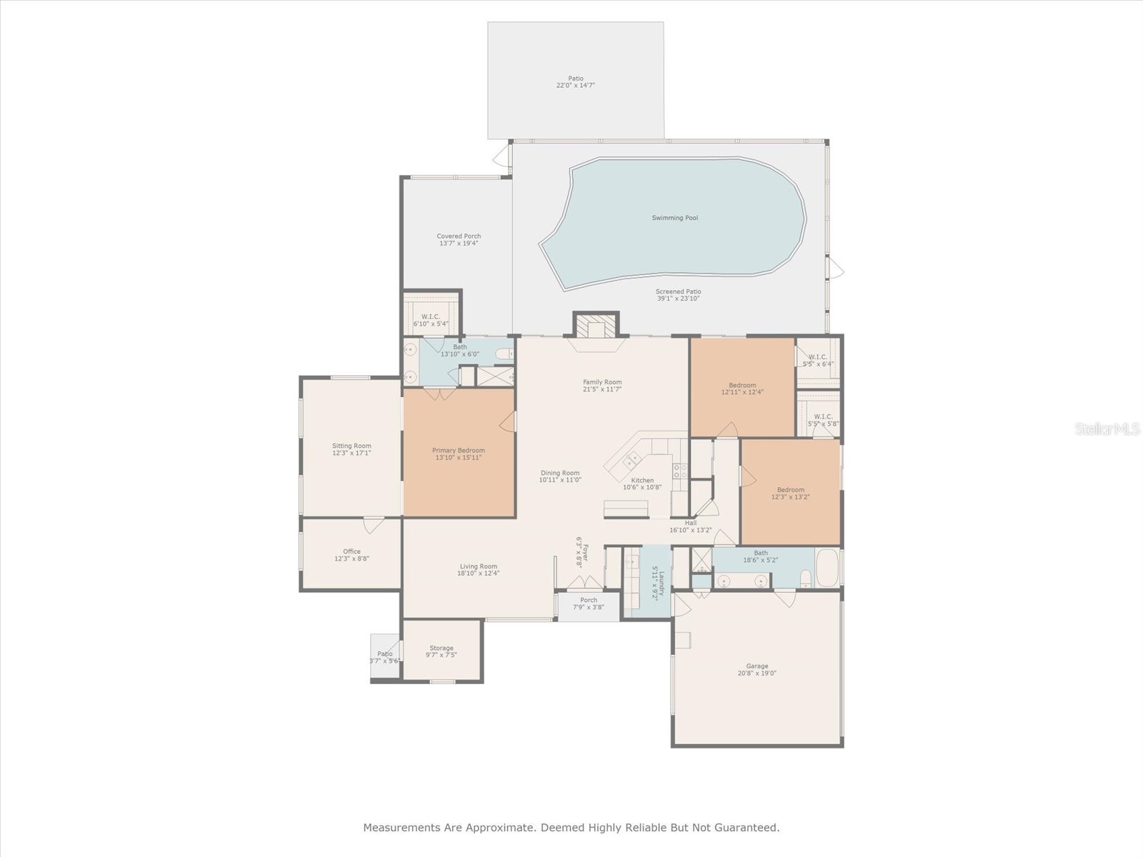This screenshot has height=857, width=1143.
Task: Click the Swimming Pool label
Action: pyautogui.click(x=674, y=218)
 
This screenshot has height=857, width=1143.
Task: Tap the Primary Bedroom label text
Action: pyautogui.click(x=458, y=451)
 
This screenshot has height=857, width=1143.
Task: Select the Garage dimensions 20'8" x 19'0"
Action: pyautogui.click(x=757, y=673)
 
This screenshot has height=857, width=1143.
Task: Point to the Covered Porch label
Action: pyautogui.click(x=459, y=236)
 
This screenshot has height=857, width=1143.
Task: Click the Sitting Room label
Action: pyautogui.click(x=351, y=446)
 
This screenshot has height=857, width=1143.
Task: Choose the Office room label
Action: pyautogui.click(x=351, y=551)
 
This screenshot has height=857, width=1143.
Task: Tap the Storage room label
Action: pyautogui.click(x=441, y=648)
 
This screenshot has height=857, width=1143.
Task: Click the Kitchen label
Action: pyautogui.click(x=642, y=481)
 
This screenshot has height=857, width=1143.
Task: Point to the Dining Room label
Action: pyautogui.click(x=559, y=473)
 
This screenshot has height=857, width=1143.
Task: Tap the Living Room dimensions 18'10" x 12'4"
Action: pyautogui.click(x=478, y=573)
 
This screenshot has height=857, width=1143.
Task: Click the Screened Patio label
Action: pyautogui.click(x=678, y=291)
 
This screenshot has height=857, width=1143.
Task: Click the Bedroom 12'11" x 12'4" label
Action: pyautogui.click(x=742, y=385)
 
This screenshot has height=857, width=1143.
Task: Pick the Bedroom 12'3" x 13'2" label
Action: pyautogui.click(x=790, y=490)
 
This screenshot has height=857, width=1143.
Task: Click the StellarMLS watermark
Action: pyautogui.click(x=1107, y=429)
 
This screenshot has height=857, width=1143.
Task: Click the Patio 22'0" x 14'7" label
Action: pyautogui.click(x=575, y=79)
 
